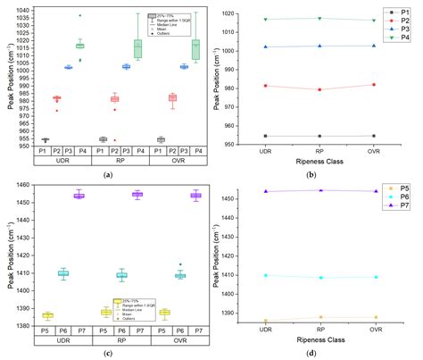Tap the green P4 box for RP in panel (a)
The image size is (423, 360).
coord(137,47)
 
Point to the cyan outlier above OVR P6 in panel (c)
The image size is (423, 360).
coord(179,264)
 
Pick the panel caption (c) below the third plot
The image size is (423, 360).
coord(107,354)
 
